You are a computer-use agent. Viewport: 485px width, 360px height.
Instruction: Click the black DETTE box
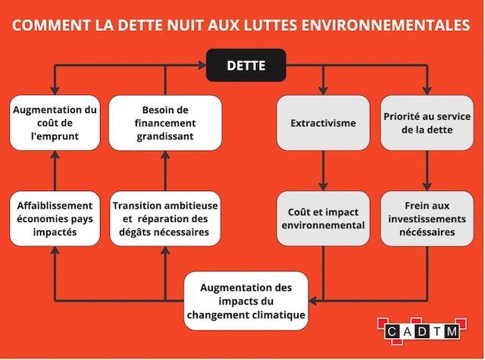[x=246, y=65]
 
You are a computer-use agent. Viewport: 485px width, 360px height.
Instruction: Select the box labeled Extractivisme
[x=323, y=123]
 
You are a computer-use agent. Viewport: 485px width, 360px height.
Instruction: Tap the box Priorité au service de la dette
[x=427, y=123]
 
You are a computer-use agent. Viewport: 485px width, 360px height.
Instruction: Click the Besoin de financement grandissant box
[x=165, y=123]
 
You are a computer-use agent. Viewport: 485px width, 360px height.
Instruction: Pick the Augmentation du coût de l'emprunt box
[x=55, y=123]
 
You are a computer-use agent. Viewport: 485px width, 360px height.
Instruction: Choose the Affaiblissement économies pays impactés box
[x=55, y=219]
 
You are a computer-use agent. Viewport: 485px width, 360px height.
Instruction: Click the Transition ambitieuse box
[x=165, y=219]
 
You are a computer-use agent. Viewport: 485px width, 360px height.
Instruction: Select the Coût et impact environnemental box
[x=323, y=219]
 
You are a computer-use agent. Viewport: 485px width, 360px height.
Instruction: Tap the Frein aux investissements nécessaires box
[x=427, y=219]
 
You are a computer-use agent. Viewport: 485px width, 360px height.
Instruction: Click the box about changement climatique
[x=246, y=301]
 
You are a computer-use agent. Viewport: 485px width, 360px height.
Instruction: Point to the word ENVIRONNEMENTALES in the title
[x=386, y=25]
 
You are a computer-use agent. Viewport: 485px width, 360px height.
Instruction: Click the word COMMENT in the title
[x=52, y=25]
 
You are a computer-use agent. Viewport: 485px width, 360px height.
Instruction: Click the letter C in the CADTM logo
[x=391, y=332]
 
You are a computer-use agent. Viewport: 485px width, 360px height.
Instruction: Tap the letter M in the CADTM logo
[x=452, y=332]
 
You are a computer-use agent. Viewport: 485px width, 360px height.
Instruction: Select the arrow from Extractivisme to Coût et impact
[x=323, y=171]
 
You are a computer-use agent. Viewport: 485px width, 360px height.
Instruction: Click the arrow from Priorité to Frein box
[x=427, y=171]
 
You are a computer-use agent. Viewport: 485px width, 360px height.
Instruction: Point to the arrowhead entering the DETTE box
[x=202, y=65]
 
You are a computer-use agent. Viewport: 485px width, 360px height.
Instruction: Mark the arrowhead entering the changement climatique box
[x=312, y=301]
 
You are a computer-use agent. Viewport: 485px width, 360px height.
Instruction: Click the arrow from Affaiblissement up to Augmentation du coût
[x=55, y=171]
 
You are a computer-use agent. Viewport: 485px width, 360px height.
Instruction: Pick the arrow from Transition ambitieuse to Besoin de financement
[x=165, y=171]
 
